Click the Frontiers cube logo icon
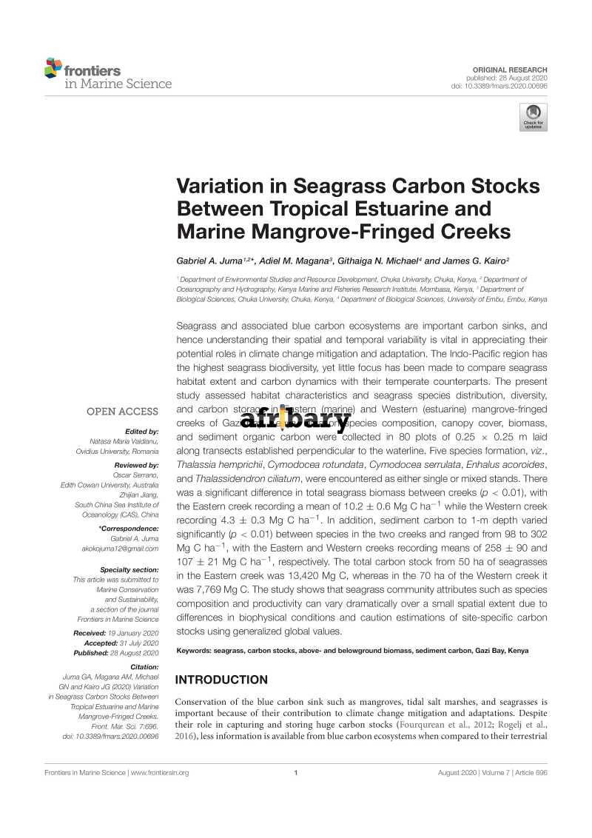pyautogui.click(x=53, y=68)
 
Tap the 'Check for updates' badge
pyautogui.click(x=533, y=118)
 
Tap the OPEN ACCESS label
pyautogui.click(x=122, y=412)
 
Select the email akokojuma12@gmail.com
pyautogui.click(x=120, y=549)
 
